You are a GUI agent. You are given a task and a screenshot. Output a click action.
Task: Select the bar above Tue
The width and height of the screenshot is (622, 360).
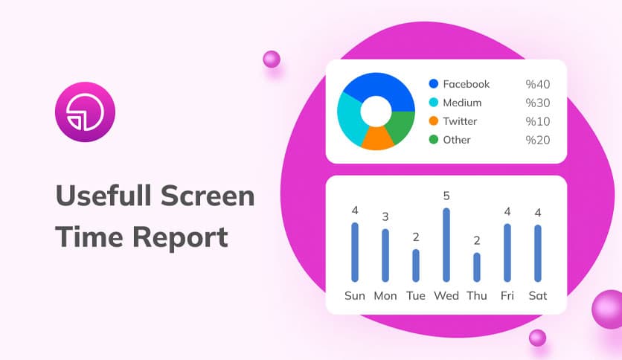[416, 265]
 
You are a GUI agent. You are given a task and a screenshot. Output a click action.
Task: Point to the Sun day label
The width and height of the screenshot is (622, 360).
[355, 295]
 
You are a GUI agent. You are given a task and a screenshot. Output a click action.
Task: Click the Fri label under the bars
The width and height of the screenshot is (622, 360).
[507, 295]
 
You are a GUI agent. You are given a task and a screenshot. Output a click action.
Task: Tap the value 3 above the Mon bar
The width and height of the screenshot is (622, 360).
[385, 216]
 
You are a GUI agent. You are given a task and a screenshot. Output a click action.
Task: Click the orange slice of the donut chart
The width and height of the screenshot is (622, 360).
[376, 138]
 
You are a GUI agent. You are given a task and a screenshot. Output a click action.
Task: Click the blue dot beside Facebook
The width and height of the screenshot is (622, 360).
[434, 84]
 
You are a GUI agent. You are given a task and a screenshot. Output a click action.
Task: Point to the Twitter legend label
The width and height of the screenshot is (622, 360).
[460, 121]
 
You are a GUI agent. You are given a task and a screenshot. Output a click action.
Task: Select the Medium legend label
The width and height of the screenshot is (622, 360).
[462, 103]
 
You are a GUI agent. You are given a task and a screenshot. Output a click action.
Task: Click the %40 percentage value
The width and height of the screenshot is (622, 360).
[537, 84]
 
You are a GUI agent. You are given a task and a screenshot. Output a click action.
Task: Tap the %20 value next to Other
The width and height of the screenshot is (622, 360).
[537, 140]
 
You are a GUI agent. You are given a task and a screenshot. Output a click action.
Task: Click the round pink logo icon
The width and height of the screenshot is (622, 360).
[85, 112]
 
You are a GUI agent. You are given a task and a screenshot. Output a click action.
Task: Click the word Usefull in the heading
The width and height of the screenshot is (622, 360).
[104, 196]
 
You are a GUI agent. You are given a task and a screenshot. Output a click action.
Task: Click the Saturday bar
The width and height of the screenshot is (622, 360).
[537, 253]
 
